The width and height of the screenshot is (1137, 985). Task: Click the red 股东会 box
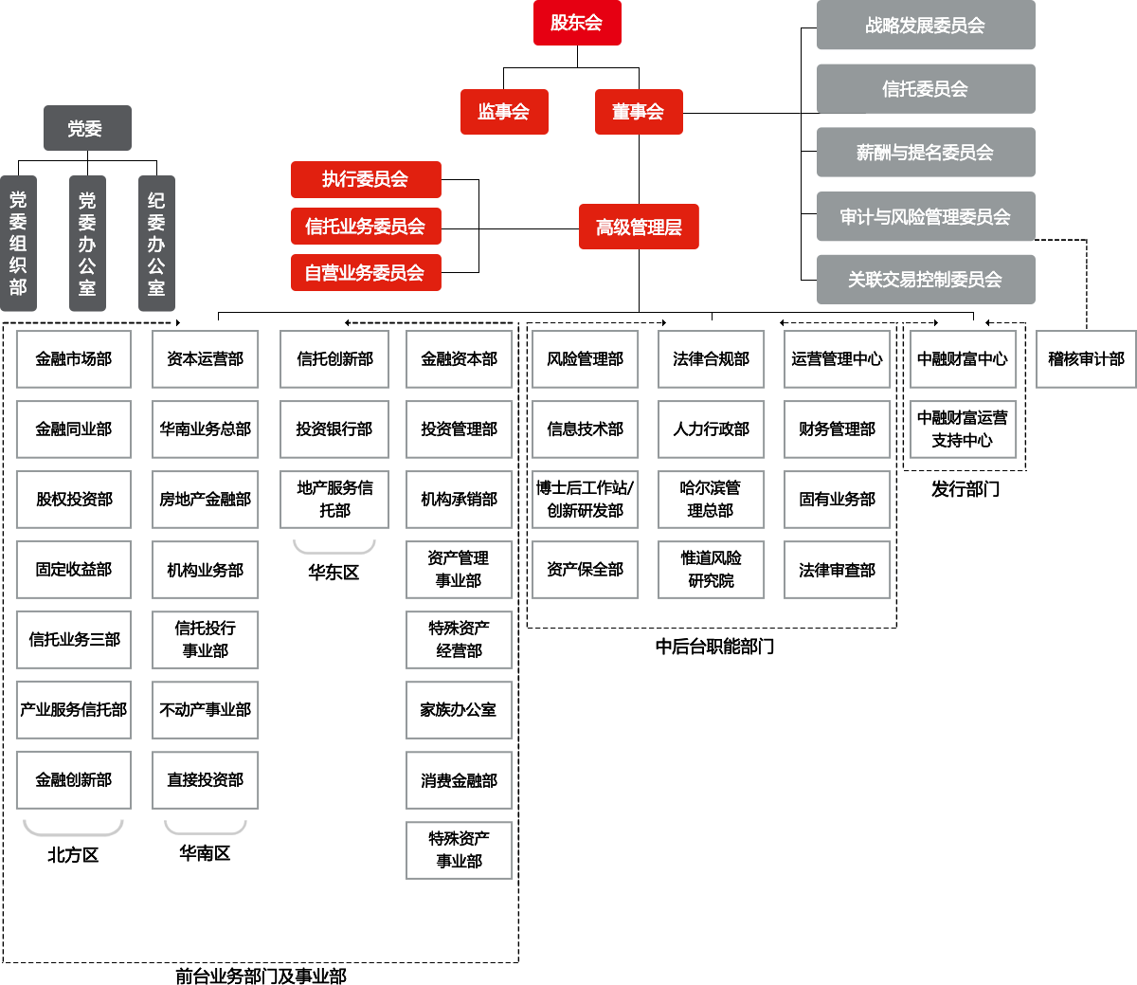coord(577,23)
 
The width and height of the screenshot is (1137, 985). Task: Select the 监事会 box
coord(504,112)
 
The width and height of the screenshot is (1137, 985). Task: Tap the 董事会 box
coord(639,112)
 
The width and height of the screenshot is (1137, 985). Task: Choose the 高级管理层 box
coord(639,227)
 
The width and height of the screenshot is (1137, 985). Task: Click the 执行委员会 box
coord(365,179)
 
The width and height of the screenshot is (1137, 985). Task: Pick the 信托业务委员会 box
coord(365,227)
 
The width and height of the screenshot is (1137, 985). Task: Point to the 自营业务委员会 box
coord(365,273)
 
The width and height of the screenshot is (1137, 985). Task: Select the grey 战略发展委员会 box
coord(926,26)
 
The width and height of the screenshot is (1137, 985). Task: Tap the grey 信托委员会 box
coord(926,89)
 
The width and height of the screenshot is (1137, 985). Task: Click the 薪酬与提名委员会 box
coord(926,153)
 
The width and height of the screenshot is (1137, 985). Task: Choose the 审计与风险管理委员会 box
coord(926,217)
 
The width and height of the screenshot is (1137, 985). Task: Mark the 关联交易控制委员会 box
coord(926,280)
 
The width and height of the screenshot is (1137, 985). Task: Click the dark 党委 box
coord(87,129)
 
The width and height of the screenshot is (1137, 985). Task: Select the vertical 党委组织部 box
coord(19,244)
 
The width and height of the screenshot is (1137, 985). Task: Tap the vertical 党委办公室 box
coord(87,244)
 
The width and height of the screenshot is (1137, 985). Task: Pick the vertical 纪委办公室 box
coord(156,244)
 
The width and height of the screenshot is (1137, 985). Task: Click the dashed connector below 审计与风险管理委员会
coord(1086,284)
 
